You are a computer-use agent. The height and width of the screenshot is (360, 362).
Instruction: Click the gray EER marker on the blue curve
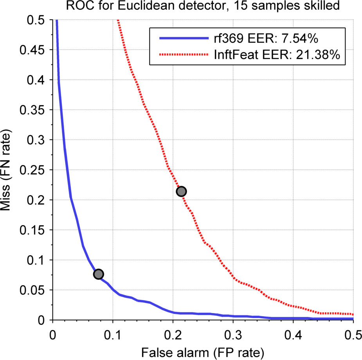pyautogui.click(x=99, y=274)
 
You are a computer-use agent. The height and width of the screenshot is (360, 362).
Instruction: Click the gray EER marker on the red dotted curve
pyautogui.click(x=181, y=191)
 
